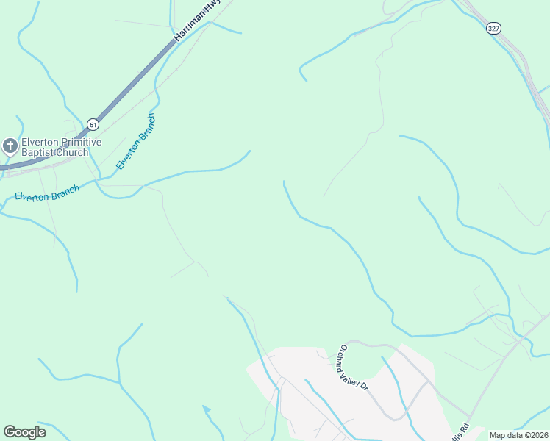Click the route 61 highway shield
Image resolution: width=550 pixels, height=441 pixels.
click(x=92, y=124)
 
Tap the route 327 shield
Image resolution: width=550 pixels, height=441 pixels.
click(x=494, y=27)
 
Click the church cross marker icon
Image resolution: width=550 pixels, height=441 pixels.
click(x=10, y=146)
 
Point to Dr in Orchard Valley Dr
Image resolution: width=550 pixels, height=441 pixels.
click(x=362, y=387)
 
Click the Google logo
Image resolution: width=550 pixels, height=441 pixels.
click(x=24, y=432)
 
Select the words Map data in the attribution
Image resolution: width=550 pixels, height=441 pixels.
click(x=506, y=435)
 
